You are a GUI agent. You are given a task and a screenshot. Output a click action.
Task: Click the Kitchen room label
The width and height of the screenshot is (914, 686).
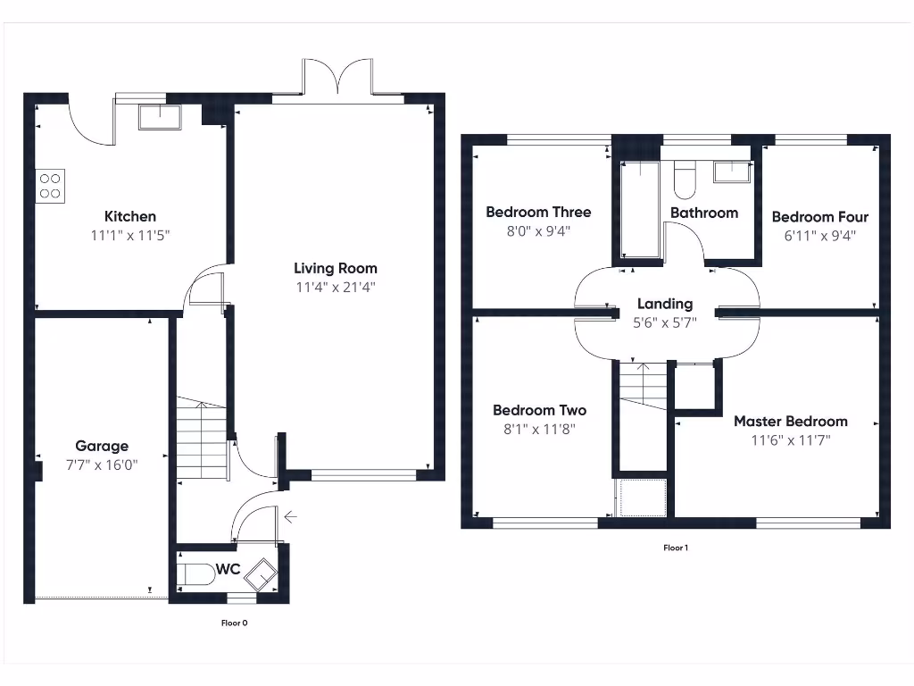[130, 216]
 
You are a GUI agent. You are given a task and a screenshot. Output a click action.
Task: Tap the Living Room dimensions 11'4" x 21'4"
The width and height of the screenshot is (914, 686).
[336, 288]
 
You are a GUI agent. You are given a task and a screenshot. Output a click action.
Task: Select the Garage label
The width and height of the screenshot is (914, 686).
[102, 446]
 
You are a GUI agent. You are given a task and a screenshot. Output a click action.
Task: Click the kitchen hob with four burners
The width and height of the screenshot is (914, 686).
[50, 185]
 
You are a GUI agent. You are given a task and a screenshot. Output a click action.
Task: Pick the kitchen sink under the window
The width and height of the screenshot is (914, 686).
[160, 118]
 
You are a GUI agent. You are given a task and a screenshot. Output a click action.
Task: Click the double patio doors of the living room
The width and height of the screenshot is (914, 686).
[337, 79]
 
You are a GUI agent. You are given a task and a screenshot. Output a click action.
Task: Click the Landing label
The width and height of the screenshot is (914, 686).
[665, 304]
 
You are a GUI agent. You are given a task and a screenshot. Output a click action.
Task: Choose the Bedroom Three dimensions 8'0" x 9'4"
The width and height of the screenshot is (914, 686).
[538, 230]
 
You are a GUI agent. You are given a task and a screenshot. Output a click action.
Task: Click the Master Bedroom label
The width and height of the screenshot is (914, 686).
[791, 421]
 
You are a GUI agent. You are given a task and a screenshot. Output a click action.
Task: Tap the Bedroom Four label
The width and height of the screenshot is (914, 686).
[819, 216]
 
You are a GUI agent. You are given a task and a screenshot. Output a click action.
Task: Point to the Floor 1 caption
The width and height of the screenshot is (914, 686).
[676, 548]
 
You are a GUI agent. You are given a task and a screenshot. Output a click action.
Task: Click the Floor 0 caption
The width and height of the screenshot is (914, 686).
[234, 623]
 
